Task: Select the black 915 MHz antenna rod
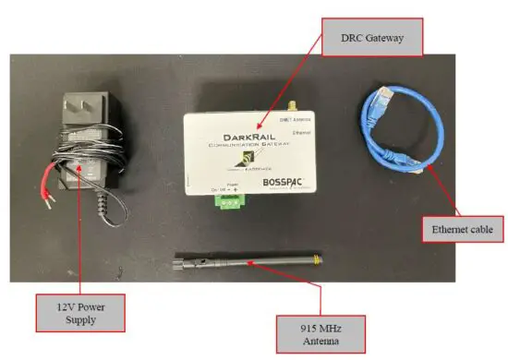(x=259, y=265)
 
